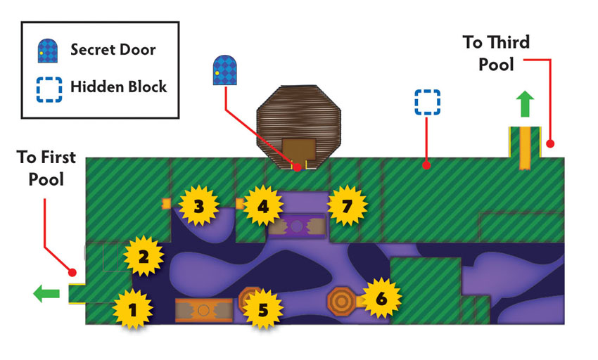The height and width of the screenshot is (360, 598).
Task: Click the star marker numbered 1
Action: [x=133, y=309]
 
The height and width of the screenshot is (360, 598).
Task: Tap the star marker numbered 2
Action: [x=144, y=256]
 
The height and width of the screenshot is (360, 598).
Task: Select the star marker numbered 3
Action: [x=198, y=206]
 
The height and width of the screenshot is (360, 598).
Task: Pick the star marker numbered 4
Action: [x=263, y=206]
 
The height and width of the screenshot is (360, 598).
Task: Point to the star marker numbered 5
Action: [x=263, y=309]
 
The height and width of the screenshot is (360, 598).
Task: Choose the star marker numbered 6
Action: [x=381, y=298]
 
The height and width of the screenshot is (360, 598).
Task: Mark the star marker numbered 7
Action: [x=347, y=206]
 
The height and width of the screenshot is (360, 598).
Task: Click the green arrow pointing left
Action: [x=46, y=294]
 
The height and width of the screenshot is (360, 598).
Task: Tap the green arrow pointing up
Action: [x=525, y=104]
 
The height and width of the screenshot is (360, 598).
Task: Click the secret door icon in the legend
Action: [x=48, y=51]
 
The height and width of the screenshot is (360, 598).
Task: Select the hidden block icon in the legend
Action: [x=49, y=89]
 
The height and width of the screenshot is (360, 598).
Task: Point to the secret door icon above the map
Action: [x=224, y=70]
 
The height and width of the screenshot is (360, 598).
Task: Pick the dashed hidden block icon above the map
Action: [x=428, y=102]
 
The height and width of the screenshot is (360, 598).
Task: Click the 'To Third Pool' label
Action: [x=496, y=53]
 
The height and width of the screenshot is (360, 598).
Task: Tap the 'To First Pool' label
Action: [x=46, y=168]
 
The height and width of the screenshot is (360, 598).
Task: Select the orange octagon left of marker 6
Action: [x=341, y=301]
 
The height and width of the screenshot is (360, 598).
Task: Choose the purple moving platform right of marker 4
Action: [x=297, y=226]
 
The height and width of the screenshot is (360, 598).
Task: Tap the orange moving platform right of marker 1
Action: [x=203, y=310]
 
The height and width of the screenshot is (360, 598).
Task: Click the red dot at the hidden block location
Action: [x=427, y=165]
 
